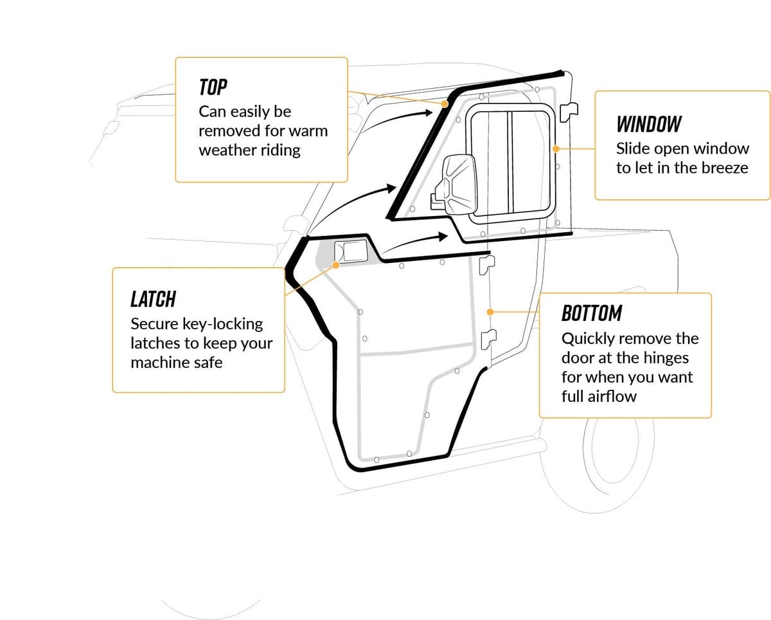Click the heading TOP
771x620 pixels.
pos(213,87)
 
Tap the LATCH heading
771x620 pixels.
pos(153,299)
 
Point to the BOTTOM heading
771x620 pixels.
pos(591,313)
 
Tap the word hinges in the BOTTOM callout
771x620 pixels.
pos(662,358)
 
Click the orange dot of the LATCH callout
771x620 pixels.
pos(336,264)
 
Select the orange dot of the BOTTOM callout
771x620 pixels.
pos(490,312)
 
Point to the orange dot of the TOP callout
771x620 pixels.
pos(444,104)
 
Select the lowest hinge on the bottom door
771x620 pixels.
pos(488,336)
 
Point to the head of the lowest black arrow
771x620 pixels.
pos(443,235)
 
